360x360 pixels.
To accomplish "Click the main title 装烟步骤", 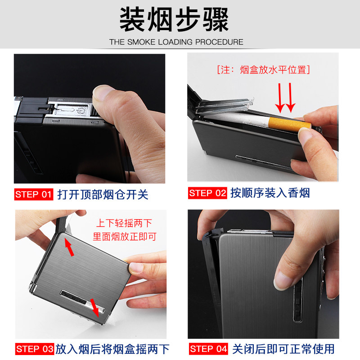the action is coord(174,19).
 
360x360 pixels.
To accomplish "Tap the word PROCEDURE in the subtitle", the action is coord(219,42).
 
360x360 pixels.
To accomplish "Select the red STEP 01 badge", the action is coord(34,194).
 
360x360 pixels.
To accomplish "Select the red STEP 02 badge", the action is coord(207,193).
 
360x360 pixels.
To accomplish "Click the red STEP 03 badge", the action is coord(35,349).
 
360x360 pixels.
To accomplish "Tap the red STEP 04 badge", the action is coord(208,349).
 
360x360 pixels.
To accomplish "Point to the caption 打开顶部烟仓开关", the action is coord(103,195).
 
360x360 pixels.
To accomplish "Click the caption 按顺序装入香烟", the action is coord(270,193).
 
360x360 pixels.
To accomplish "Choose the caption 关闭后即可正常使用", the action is coord(283,349).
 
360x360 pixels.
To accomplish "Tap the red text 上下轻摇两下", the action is coord(124,223).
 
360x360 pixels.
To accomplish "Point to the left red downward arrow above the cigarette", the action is coord(280,98).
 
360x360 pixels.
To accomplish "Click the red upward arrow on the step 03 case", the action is coord(69,247).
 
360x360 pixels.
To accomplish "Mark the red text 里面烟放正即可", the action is coord(125,237).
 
